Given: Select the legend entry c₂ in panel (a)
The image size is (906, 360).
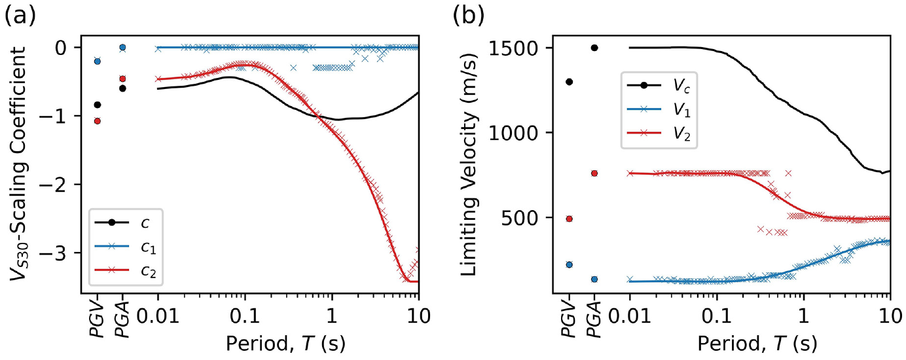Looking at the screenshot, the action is click(x=126, y=271).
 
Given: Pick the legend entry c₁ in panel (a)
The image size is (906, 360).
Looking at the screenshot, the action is click(x=126, y=247).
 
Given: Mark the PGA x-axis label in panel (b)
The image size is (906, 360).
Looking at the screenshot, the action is click(x=594, y=320).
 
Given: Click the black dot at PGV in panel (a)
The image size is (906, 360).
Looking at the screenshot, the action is click(x=97, y=105).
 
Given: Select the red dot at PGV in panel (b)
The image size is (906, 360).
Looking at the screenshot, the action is click(x=569, y=219).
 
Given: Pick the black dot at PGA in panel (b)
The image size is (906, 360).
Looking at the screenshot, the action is click(x=594, y=48).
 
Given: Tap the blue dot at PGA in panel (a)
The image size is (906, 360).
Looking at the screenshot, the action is click(x=122, y=47).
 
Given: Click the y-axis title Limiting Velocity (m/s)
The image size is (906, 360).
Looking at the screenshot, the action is click(x=469, y=164).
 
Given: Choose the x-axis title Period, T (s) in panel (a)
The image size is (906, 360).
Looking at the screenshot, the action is click(x=285, y=344).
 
